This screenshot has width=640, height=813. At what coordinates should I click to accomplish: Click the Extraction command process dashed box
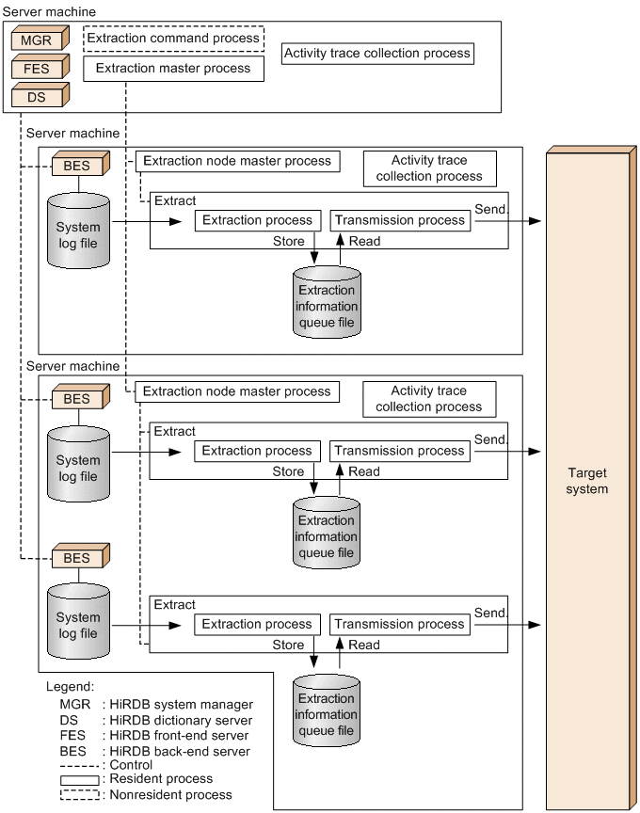(x=174, y=39)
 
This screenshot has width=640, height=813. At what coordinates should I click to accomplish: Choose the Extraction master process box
(x=174, y=68)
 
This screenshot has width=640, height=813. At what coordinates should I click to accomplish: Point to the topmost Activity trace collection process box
(x=377, y=53)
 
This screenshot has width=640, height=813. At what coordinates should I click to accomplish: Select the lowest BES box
(x=77, y=558)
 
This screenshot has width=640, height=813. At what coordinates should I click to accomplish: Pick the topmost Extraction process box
(x=257, y=220)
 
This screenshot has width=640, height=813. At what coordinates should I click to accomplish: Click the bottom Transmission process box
(x=400, y=624)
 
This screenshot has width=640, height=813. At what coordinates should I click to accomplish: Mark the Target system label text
(x=587, y=481)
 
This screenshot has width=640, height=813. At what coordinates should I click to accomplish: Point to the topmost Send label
(x=490, y=209)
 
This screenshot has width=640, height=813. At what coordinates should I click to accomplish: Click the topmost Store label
(x=288, y=242)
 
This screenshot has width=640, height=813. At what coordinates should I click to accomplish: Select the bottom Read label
(x=364, y=646)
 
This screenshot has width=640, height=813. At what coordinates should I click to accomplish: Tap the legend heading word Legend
(x=70, y=688)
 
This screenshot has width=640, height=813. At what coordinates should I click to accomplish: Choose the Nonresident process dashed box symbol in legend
(x=80, y=794)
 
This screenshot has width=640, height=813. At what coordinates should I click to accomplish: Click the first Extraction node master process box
(x=237, y=161)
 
